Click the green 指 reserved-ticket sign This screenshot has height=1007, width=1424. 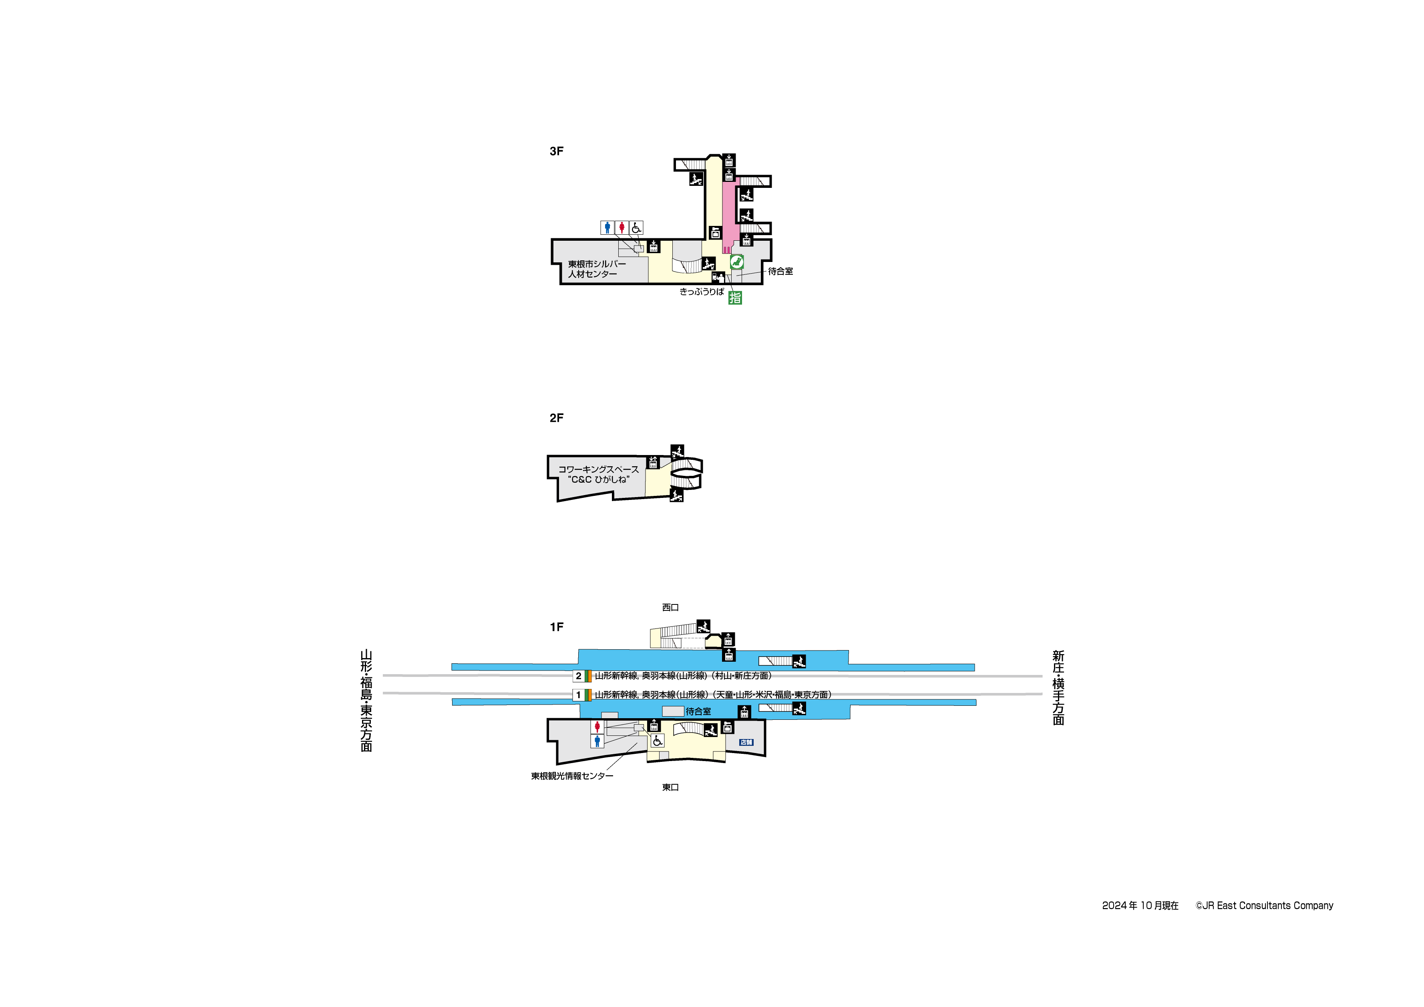(x=735, y=298)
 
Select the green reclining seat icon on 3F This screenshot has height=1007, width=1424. (x=737, y=262)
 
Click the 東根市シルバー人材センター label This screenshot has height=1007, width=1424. (x=597, y=269)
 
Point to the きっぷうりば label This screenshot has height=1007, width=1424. (x=702, y=292)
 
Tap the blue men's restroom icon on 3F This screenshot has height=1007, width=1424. (x=607, y=228)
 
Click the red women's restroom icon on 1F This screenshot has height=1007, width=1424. (x=597, y=727)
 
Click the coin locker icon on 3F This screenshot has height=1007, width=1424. (x=716, y=233)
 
